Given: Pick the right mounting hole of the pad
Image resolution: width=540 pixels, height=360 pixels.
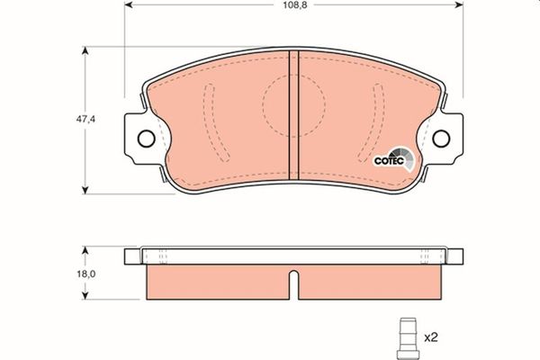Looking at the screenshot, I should click(441, 138).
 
